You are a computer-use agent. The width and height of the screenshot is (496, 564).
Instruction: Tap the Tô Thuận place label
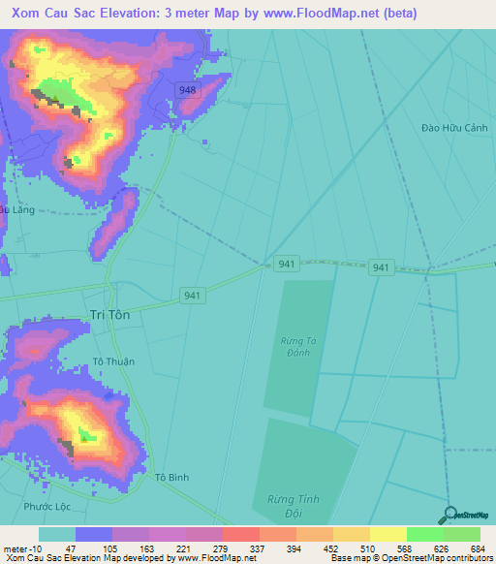tap(113, 361)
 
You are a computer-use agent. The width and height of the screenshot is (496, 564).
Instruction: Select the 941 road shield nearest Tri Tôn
tap(192, 296)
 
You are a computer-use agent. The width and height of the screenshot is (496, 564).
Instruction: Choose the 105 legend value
tap(131, 549)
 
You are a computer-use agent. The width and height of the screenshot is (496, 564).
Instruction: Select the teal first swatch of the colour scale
tap(57, 534)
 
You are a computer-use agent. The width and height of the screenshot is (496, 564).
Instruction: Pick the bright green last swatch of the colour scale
tap(462, 534)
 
